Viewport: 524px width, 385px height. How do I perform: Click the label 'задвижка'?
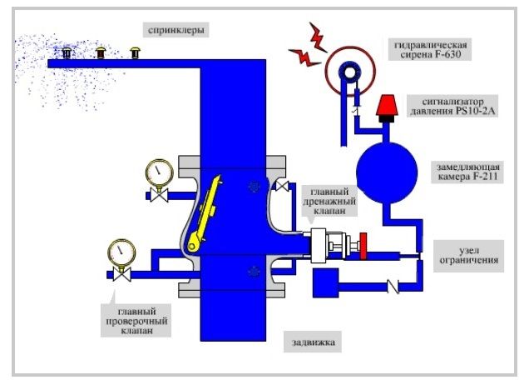312,341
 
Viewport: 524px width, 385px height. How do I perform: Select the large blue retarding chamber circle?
388,171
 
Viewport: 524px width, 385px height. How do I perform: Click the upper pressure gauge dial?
156,172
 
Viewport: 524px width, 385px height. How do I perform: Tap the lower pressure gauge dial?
121,250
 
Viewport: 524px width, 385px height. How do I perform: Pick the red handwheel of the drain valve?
363,247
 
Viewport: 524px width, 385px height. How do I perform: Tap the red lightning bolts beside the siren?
306,47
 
